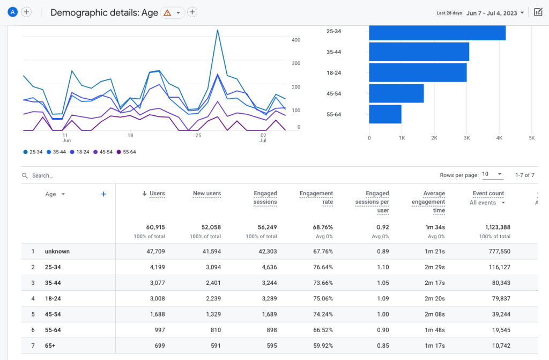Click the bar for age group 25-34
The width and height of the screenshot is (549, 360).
[x=437, y=32]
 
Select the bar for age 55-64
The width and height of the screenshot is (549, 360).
[x=385, y=114]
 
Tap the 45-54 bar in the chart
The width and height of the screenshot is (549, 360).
[x=396, y=93]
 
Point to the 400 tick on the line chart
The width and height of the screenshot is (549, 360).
[x=296, y=40]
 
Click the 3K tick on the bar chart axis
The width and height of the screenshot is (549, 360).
[x=466, y=138]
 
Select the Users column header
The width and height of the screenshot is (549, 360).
[x=157, y=194]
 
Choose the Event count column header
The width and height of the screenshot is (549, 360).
[x=488, y=194]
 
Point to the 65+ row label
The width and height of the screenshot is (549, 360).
[x=50, y=346]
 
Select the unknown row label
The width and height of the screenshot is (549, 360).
[x=57, y=251]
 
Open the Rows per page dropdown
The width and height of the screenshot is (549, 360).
[x=492, y=174]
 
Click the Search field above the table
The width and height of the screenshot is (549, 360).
[x=107, y=175]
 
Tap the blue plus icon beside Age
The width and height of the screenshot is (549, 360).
[x=103, y=194]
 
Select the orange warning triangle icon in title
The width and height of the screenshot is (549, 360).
[x=167, y=13]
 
